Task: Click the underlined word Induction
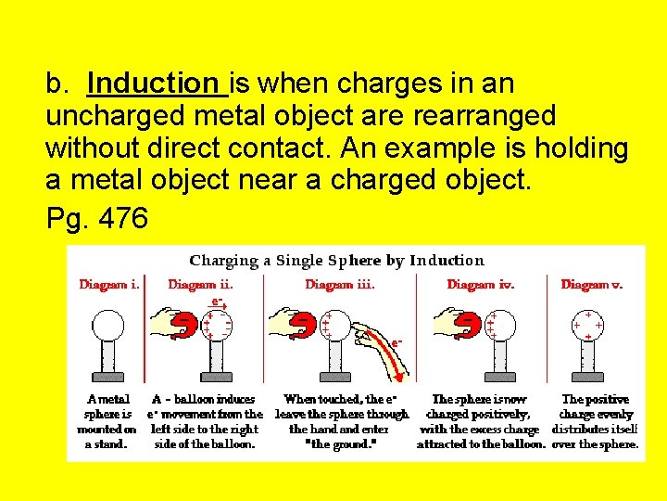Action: pos(156,84)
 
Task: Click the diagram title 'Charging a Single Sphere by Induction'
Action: pos(336,261)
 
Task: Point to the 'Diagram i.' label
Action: pos(109,285)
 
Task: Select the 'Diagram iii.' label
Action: pos(340,285)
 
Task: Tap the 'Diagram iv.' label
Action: pos(480,285)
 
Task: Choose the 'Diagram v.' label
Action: pos(592,285)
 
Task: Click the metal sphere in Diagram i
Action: pos(108,326)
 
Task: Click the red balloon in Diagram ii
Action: pos(187,324)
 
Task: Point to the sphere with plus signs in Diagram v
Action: pos(587,326)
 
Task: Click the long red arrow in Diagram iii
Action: pos(385,356)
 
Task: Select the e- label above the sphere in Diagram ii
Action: pos(217,302)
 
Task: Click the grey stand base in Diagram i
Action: pos(108,375)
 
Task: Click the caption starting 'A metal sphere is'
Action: pos(108,421)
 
